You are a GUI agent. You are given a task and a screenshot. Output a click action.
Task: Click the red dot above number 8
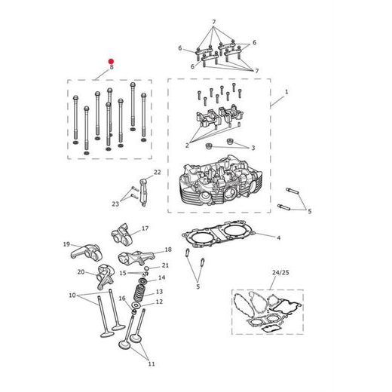coord(111,60)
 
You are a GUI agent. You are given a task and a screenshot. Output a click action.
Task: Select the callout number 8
coord(111,69)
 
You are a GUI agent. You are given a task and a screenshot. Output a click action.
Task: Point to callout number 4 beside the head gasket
coord(278,238)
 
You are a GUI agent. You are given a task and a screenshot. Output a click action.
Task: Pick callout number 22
coord(158,173)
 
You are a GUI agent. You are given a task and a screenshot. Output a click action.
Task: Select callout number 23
coord(115,204)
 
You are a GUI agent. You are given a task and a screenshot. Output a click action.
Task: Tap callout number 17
coord(145,228)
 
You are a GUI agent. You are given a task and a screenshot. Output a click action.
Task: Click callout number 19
coord(66,244)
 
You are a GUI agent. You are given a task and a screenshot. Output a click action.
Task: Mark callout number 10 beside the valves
coord(72,295)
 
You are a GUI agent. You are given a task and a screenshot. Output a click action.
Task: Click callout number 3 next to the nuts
coord(253,148)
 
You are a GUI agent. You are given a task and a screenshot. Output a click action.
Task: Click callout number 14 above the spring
coord(161,278)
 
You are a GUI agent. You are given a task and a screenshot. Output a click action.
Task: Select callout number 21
coord(166,265)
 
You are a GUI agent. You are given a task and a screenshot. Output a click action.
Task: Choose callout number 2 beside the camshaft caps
coord(186,144)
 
